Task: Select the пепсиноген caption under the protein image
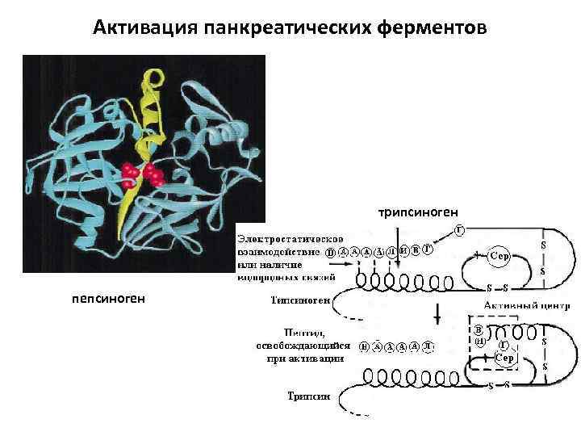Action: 108,298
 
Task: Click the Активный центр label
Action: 527,306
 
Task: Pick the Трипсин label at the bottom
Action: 308,396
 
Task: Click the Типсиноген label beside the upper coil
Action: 299,299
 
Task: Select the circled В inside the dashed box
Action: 479,329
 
